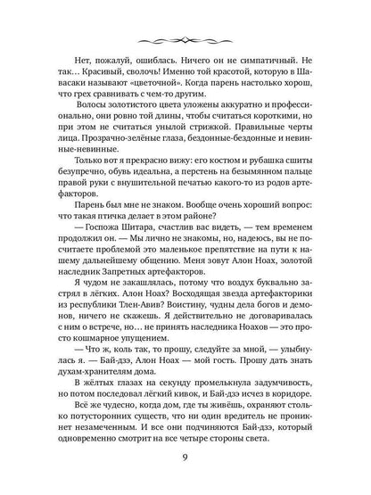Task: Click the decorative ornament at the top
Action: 185,41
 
